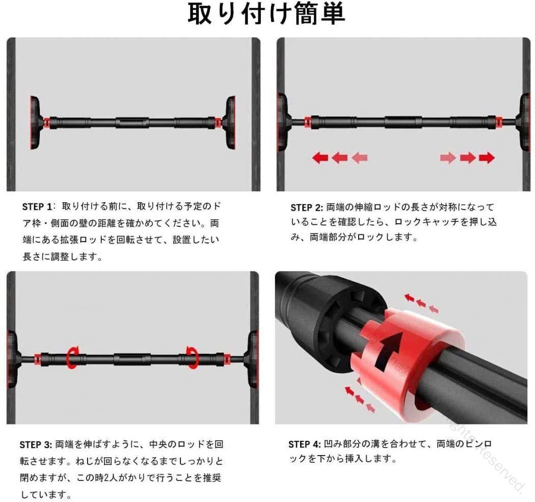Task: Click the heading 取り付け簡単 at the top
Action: [266, 14]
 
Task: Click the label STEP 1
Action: [37, 207]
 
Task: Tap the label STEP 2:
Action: [306, 207]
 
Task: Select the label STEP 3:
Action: [36, 445]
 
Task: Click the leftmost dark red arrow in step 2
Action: [320, 157]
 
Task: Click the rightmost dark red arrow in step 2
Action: [487, 157]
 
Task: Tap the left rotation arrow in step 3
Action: [72, 357]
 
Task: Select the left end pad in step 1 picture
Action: [35, 123]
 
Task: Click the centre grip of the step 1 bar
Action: [132, 122]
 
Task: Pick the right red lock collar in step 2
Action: [499, 121]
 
